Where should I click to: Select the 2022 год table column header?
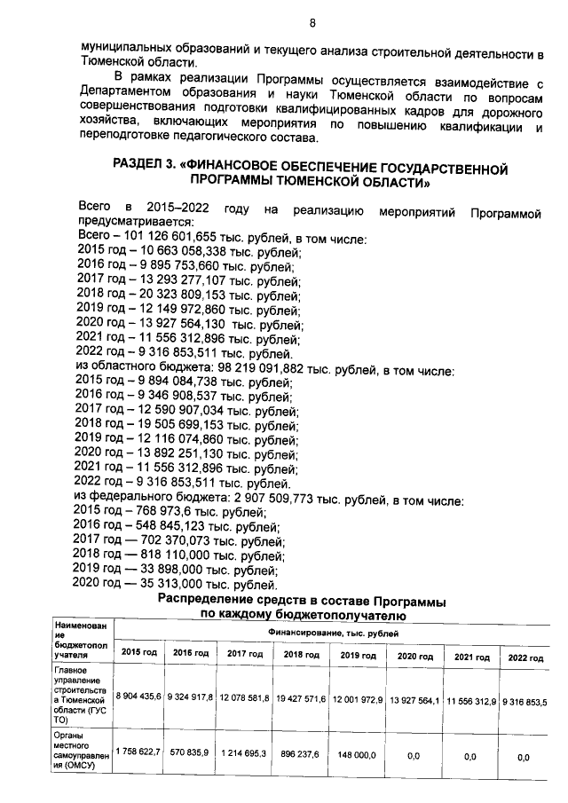coord(524,657)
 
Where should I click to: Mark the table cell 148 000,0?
coord(359,754)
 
